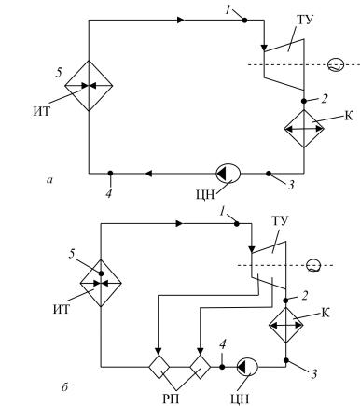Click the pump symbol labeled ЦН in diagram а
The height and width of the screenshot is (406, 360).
click(x=228, y=174)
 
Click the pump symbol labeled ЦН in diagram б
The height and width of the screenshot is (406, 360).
click(x=247, y=367)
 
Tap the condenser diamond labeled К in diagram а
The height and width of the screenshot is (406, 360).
click(x=304, y=129)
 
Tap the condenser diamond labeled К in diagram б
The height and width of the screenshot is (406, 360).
click(x=286, y=325)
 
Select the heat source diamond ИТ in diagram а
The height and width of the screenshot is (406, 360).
click(x=89, y=85)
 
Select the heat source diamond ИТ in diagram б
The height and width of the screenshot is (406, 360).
click(x=101, y=283)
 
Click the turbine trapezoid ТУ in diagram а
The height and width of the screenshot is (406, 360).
click(x=284, y=64)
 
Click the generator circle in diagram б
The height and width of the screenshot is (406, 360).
click(x=313, y=266)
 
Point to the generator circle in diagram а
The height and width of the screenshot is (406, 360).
click(x=336, y=65)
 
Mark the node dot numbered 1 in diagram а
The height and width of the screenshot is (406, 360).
click(x=244, y=21)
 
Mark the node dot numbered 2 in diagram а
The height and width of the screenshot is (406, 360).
click(x=304, y=101)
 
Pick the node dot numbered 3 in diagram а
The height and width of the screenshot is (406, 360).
click(x=269, y=173)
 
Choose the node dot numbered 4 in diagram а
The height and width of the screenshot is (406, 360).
click(x=110, y=173)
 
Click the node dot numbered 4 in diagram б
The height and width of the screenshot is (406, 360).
click(x=222, y=367)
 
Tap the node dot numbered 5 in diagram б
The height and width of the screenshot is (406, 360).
click(x=101, y=273)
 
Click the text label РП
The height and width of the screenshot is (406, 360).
click(x=171, y=399)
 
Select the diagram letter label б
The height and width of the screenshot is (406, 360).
click(x=64, y=386)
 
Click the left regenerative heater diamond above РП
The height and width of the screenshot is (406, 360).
click(x=159, y=367)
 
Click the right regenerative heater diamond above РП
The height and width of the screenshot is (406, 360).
click(x=201, y=367)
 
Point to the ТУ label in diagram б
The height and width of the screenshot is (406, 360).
click(x=280, y=220)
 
